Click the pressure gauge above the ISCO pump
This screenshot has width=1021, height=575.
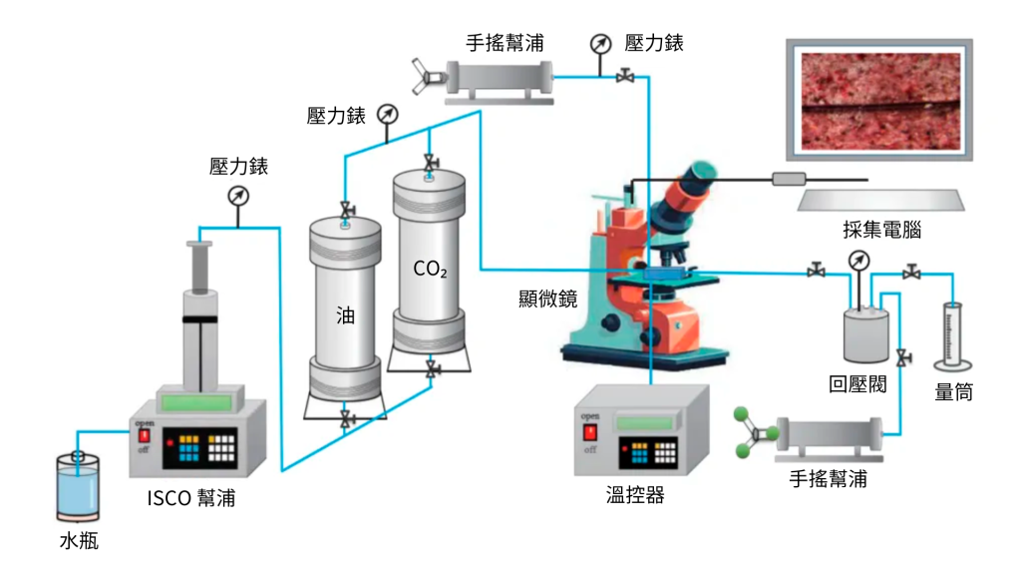point(237,196)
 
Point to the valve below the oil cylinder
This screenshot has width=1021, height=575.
point(345,418)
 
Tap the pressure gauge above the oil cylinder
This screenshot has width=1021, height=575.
point(388,114)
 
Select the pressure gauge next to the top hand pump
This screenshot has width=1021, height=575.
point(600,44)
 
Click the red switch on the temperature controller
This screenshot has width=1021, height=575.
point(590,432)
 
